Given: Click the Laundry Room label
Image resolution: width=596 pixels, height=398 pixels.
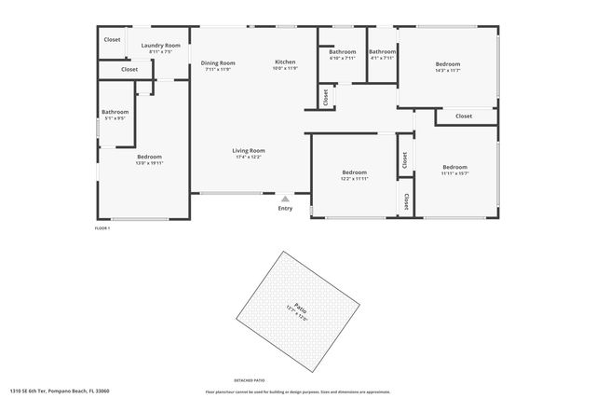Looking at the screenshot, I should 160,45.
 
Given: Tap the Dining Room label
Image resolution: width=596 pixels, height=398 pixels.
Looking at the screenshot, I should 218,62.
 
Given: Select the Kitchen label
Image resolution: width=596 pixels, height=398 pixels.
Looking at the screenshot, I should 285,62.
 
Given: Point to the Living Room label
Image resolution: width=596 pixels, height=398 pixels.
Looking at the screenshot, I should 249,150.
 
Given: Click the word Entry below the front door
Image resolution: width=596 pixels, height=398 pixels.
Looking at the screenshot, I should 285,208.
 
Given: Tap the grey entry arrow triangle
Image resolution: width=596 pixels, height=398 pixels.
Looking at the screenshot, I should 285,198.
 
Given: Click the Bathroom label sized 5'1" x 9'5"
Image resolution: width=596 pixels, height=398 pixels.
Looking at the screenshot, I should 115,113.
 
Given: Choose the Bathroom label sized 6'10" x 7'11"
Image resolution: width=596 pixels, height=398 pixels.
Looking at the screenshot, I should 343,51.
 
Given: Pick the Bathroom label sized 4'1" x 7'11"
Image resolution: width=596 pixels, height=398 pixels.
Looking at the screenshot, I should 382,51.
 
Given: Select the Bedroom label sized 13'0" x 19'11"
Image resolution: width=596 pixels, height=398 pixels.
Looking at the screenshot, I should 149,157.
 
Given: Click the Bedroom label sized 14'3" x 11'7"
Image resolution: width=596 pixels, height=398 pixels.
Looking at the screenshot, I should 448,63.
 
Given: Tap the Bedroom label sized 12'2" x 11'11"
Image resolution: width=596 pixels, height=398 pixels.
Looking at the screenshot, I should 354,172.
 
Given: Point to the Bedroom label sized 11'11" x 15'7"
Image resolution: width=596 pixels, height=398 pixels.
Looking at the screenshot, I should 454,167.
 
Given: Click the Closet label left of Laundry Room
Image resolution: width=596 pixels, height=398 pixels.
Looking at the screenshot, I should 112,39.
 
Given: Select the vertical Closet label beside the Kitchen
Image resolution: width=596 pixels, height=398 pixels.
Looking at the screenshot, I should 325,96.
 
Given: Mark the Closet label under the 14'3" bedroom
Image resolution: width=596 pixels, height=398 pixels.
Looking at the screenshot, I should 464,117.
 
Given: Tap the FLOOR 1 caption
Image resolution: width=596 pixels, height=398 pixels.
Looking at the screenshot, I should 102,228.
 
